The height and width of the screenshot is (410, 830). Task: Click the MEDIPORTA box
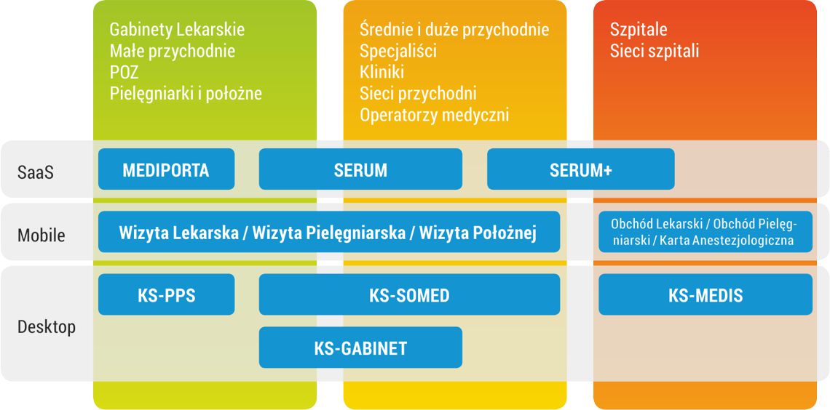point(166,169)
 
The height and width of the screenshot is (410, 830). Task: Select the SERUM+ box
point(581,169)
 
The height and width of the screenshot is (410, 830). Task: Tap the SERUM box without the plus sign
point(360,169)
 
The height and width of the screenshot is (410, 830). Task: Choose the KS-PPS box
point(166,294)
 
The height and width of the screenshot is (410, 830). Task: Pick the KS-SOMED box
point(409,294)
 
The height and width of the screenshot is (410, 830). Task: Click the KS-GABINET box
point(360,347)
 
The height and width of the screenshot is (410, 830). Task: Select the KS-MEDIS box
point(705,294)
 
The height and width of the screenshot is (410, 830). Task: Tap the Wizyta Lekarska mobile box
point(329,232)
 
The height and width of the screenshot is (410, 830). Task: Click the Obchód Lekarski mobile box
point(705,232)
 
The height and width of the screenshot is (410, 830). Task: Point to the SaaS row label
point(36,172)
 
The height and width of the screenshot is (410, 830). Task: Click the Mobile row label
point(41,235)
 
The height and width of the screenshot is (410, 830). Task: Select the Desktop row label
point(47,327)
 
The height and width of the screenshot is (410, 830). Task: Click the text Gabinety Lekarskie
point(178,30)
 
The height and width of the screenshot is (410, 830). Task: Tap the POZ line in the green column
point(124,72)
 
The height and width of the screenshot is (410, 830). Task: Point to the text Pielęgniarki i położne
point(186,94)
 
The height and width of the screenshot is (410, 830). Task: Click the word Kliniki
point(382,72)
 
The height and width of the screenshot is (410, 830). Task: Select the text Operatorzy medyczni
point(434,115)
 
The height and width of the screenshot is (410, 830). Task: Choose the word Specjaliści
point(398,51)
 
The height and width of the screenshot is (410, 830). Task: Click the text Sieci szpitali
point(655,51)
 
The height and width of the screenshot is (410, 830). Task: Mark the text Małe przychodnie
point(173,51)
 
